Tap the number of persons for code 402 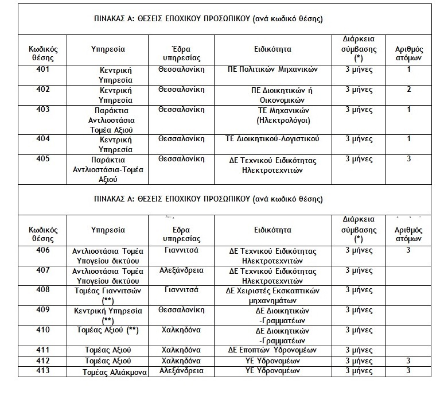[x=408, y=90]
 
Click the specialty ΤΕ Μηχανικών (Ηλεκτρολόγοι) [x=276, y=115]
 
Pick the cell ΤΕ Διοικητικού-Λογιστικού [x=272, y=139]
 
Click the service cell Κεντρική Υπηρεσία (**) [x=108, y=315]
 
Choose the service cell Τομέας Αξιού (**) [x=108, y=330]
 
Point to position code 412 [x=43, y=361]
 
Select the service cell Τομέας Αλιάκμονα [x=115, y=372]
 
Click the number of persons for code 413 [x=408, y=371]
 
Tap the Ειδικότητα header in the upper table [x=272, y=49]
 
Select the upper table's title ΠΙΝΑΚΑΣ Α [x=208, y=19]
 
